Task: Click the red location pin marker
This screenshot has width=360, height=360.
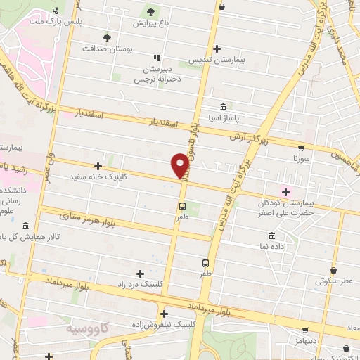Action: [180, 165]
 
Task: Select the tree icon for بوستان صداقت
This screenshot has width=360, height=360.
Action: [107, 37]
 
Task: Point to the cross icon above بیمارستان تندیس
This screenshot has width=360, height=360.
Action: [217, 49]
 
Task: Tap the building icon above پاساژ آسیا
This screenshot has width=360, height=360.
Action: [223, 107]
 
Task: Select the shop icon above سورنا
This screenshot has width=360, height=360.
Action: [302, 148]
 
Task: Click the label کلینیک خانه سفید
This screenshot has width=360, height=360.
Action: [98, 177]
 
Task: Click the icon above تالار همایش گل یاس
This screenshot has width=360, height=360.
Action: [25, 226]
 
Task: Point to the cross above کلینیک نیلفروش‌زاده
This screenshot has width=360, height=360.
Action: [163, 314]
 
